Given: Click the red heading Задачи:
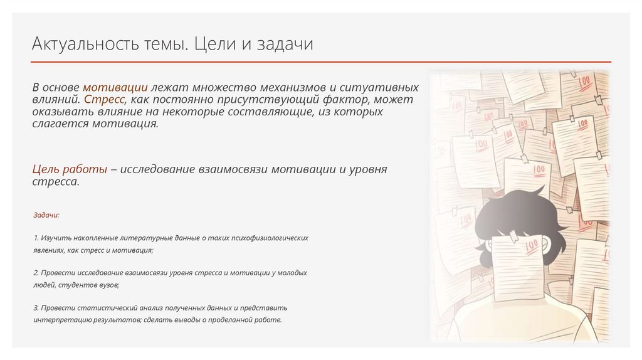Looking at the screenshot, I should click(x=46, y=215).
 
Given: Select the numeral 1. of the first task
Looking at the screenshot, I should click(x=36, y=238).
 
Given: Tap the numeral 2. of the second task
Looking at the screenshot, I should click(x=36, y=273).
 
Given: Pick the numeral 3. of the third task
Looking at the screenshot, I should click(x=36, y=308).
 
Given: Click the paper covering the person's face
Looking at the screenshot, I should click(x=518, y=267).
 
